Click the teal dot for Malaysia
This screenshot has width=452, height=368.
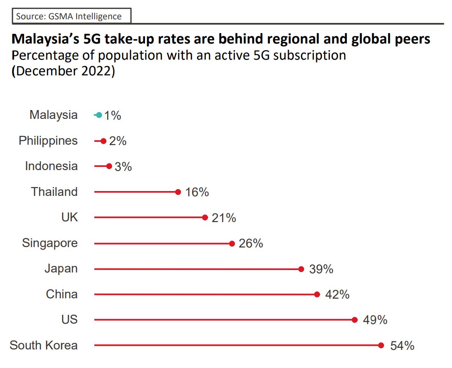pyautogui.click(x=99, y=115)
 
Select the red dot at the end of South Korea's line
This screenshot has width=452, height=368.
pyautogui.click(x=381, y=345)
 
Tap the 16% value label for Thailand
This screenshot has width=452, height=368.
pyautogui.click(x=197, y=192)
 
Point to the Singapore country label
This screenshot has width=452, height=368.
pyautogui.click(x=50, y=243)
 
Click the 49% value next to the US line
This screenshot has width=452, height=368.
pyautogui.click(x=375, y=320)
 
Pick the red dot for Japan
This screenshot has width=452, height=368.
pyautogui.click(x=301, y=269)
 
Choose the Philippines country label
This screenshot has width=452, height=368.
pyautogui.click(x=48, y=141)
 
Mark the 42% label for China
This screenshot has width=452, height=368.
pyautogui.click(x=337, y=295)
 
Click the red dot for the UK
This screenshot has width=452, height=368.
pyautogui.click(x=205, y=218)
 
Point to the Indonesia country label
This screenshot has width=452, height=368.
pyautogui.click(x=51, y=166)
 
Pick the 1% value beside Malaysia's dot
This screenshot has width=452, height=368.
pyautogui.click(x=112, y=116)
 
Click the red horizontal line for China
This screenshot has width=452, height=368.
pyautogui.click(x=201, y=294)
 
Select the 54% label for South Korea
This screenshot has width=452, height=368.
pyautogui.click(x=402, y=346)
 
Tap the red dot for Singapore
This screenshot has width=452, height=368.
pyautogui.click(x=232, y=243)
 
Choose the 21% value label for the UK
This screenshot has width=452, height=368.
pyautogui.click(x=224, y=218)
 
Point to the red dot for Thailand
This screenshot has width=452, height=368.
pyautogui.click(x=178, y=192)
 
